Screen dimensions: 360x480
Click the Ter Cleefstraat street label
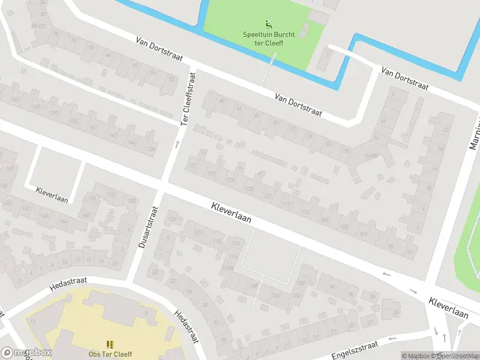(x=188, y=100)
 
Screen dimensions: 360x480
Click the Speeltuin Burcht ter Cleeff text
(x=268, y=39)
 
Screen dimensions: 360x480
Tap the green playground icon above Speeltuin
(x=268, y=25)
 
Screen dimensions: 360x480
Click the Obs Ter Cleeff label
(x=110, y=354)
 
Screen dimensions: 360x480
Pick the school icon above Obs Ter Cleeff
(x=110, y=344)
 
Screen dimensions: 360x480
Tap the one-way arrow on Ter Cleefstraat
(x=177, y=144)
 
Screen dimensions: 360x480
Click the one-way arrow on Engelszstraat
(x=393, y=338)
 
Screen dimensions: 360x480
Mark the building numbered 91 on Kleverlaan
(x=410, y=251)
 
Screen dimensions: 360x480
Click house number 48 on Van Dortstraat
(x=221, y=101)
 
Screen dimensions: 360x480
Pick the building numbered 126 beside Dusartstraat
(x=173, y=220)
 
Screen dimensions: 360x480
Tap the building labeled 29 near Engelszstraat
(x=395, y=313)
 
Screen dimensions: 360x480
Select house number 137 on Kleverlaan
(x=193, y=166)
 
